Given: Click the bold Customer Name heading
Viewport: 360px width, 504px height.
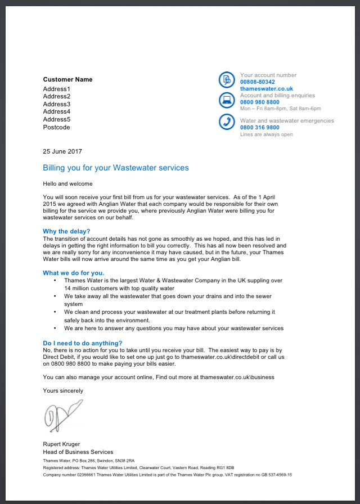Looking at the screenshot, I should [67, 79].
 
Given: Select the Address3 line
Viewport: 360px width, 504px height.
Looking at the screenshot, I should [57, 104].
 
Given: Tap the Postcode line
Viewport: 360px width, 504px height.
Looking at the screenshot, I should [57, 127].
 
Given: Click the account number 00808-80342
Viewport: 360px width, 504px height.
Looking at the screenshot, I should [258, 82].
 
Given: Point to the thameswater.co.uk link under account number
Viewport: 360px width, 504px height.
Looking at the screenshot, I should [267, 89].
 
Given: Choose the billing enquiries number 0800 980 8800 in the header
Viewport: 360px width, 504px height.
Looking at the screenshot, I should [260, 102].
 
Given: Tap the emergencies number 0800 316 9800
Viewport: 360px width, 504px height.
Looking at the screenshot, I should [260, 128].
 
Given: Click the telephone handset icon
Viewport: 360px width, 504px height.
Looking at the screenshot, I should [227, 121].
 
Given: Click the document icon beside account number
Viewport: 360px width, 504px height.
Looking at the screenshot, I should [227, 80].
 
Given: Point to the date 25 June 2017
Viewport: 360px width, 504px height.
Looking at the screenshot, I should [62, 151].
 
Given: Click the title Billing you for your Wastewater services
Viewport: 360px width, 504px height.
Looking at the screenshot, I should [116, 168].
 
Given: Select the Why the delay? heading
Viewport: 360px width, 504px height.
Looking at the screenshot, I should [66, 231].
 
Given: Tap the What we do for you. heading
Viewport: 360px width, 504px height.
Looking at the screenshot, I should [74, 273].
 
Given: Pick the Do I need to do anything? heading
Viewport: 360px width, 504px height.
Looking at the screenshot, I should [83, 343].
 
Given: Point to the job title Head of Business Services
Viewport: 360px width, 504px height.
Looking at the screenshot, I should [78, 452].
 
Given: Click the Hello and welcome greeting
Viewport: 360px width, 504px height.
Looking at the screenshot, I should [67, 183].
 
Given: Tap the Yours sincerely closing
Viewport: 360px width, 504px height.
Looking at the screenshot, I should [63, 390].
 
